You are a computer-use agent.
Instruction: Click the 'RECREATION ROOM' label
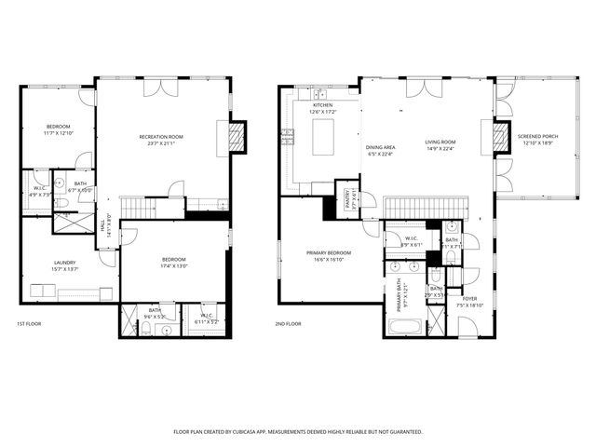pyautogui.click(x=160, y=137)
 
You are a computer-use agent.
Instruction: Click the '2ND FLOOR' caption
pyautogui.click(x=289, y=323)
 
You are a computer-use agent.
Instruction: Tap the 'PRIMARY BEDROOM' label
pyautogui.click(x=329, y=253)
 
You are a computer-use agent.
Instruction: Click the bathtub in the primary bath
pyautogui.click(x=404, y=327)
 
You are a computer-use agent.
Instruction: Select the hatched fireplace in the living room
pyautogui.click(x=502, y=136)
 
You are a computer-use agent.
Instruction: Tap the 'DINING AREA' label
pyautogui.click(x=381, y=147)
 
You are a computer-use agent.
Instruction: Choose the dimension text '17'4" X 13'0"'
pyautogui.click(x=174, y=265)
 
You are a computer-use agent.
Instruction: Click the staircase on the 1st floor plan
pyautogui.click(x=134, y=206)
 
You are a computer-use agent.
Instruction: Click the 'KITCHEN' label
pyautogui.click(x=322, y=105)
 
